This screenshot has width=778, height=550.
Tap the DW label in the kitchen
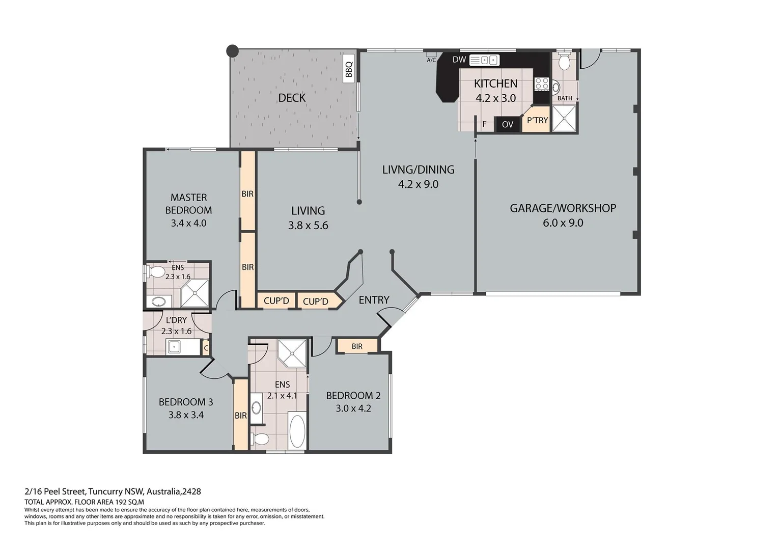(x=459, y=60)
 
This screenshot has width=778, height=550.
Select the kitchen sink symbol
(x=484, y=60)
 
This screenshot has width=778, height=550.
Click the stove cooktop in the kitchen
(x=541, y=84)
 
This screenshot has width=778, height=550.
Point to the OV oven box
(x=508, y=124)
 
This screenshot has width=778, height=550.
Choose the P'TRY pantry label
(x=537, y=120)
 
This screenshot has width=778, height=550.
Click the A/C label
(x=431, y=60)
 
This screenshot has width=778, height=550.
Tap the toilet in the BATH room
(x=564, y=61)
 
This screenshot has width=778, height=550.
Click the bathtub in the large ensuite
(x=297, y=431)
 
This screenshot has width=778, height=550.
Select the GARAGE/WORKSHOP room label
(x=563, y=208)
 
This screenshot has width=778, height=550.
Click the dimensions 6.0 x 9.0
(x=563, y=223)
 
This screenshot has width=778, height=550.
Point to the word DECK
(x=292, y=98)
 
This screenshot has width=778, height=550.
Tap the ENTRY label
(x=374, y=300)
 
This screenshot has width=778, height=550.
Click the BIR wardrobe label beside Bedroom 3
(x=241, y=415)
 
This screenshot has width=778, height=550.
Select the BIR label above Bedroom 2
(x=357, y=346)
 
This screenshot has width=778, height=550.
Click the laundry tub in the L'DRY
(x=174, y=346)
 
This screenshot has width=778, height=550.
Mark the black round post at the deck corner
(x=232, y=51)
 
